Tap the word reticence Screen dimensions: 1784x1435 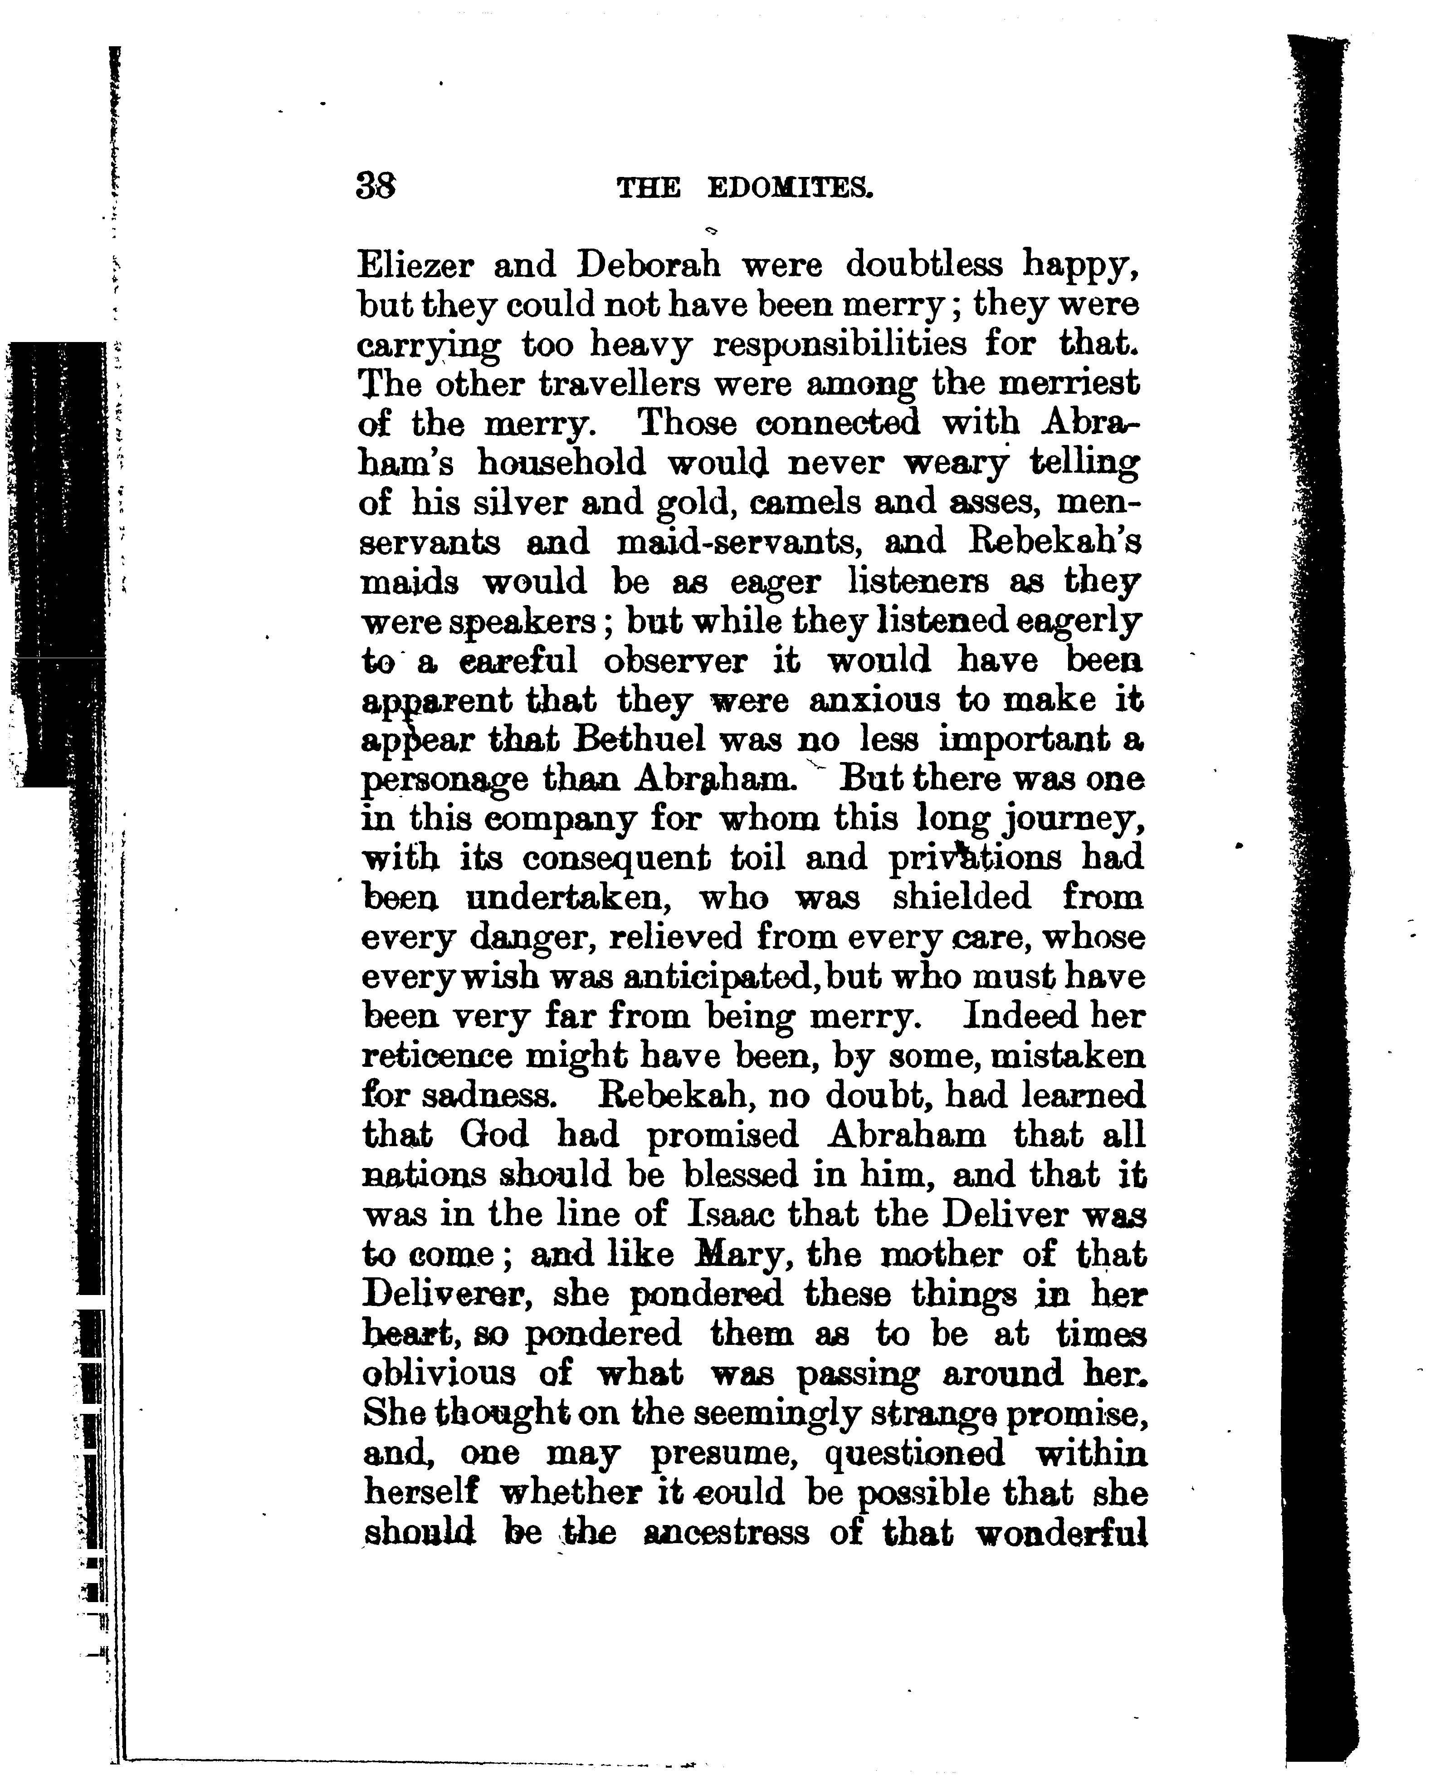point(436,1057)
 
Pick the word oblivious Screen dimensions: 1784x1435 point(439,1374)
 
